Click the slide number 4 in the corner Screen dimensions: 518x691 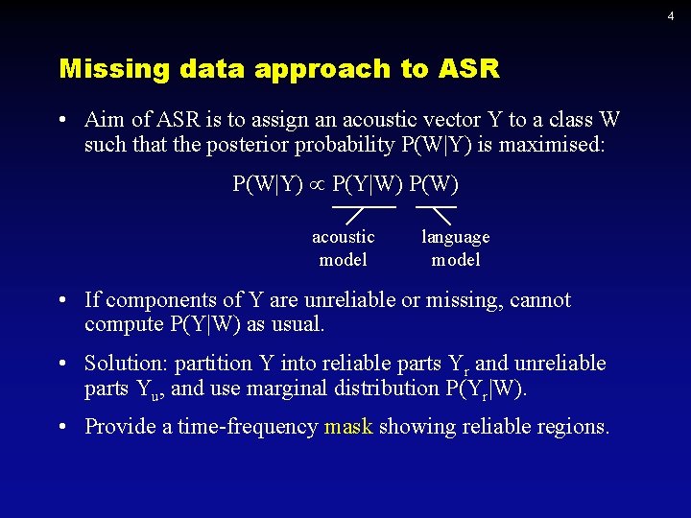671,16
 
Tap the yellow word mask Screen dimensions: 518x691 348,426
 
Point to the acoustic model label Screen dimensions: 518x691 343,247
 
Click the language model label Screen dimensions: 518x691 455,247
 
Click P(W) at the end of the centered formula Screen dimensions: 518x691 434,183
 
